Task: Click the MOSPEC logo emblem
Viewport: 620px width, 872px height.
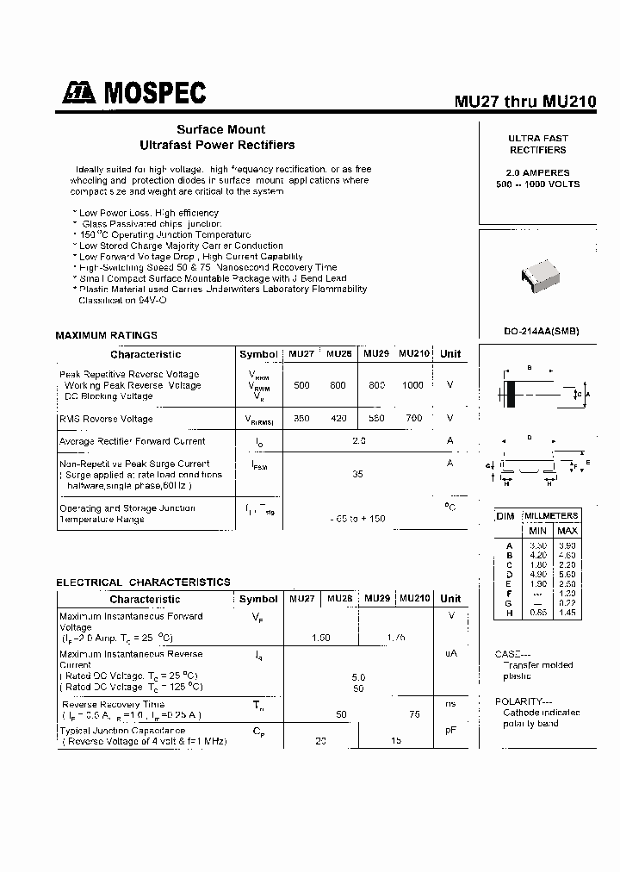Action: (79, 93)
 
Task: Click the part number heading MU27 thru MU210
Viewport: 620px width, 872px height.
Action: (524, 101)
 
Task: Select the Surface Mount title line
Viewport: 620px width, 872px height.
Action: (220, 130)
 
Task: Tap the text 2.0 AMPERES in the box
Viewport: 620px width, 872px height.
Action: (537, 172)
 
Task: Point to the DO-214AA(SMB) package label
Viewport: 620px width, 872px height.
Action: (541, 332)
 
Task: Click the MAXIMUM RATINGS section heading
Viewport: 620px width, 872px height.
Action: (107, 335)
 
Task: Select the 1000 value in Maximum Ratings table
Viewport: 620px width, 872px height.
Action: (412, 385)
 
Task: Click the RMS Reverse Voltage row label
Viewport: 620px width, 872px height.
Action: (106, 419)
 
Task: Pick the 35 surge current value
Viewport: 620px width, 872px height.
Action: (358, 474)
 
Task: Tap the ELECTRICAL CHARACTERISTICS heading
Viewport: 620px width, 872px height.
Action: (143, 582)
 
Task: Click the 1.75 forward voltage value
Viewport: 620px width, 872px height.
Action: (396, 638)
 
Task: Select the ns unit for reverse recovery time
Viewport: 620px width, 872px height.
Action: (449, 704)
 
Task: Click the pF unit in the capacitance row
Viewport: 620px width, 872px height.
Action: (449, 731)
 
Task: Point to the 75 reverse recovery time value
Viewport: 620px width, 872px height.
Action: (414, 715)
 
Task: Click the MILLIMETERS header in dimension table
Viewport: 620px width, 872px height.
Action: (551, 514)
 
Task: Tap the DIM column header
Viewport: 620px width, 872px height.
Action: (505, 515)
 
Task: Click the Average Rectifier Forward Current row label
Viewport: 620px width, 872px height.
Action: (132, 441)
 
